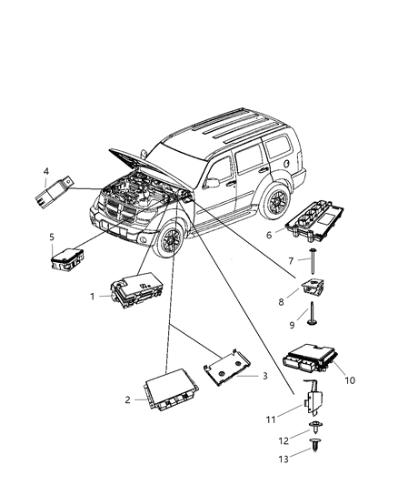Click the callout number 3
coord(265,376)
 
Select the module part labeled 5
coord(66,258)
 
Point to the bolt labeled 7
coord(312,267)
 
